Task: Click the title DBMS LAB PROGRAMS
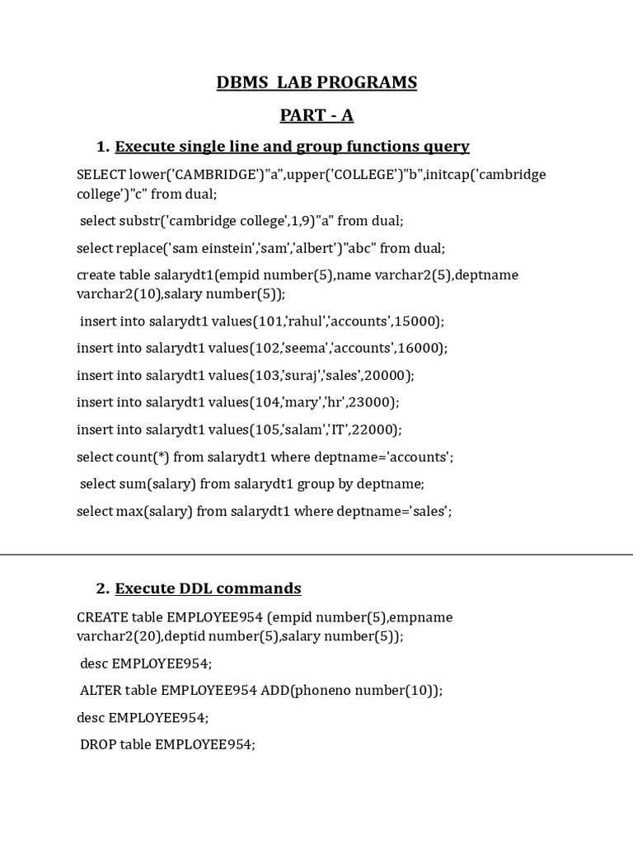[316, 82]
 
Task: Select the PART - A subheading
[316, 115]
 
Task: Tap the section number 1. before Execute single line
[103, 147]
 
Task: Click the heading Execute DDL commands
[208, 588]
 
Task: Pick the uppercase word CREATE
[102, 617]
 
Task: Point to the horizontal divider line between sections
[316, 555]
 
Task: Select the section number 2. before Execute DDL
[103, 588]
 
